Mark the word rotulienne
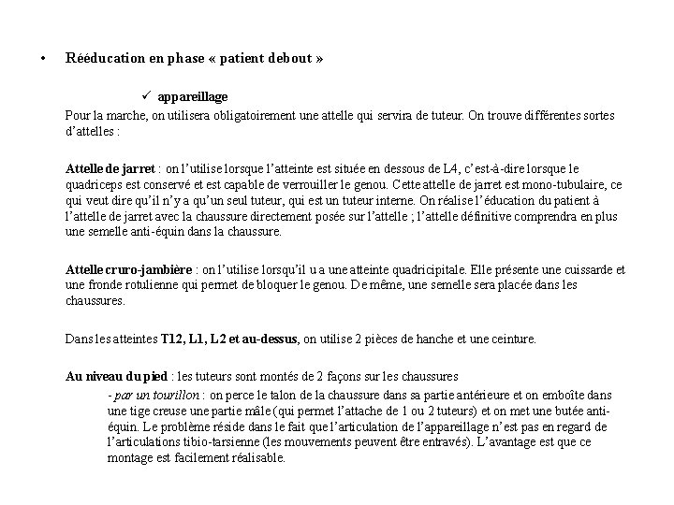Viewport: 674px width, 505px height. pos(136,285)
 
